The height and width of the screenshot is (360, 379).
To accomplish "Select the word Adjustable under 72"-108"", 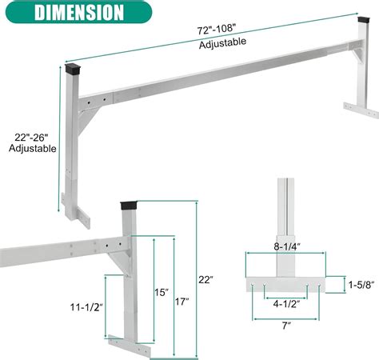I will tap(217, 44).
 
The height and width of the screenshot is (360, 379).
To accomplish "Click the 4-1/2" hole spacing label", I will tap(285, 304).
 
